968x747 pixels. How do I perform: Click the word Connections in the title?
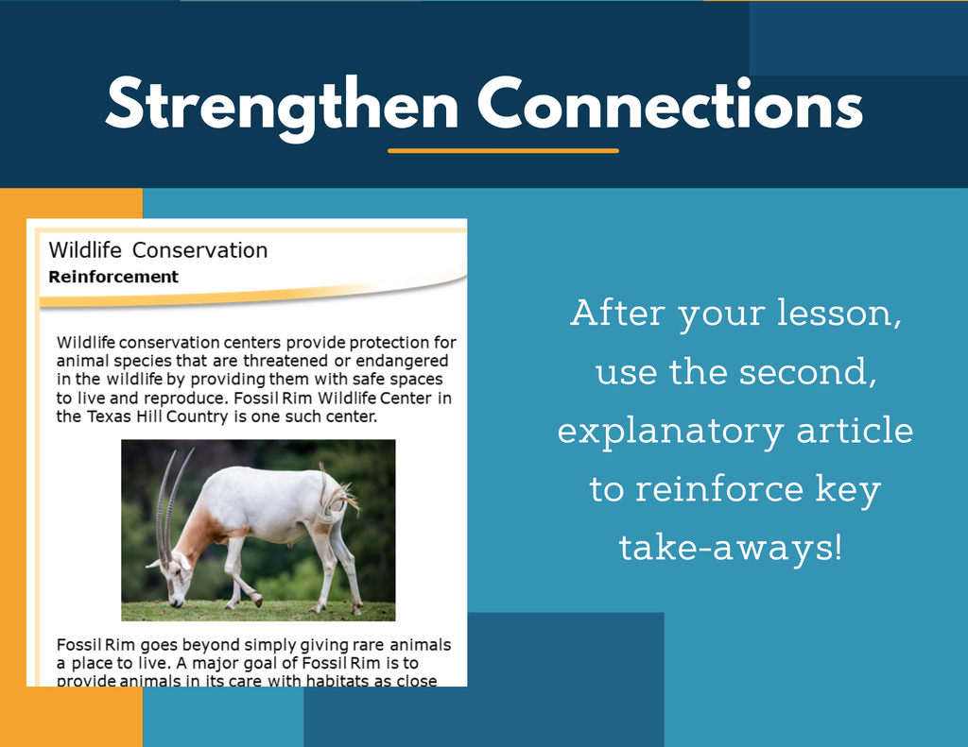tap(670, 104)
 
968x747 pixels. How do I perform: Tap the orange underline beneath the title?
tap(503, 150)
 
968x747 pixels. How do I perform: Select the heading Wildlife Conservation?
tap(158, 250)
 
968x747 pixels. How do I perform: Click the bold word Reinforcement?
tap(113, 277)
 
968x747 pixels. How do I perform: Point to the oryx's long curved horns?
tap(172, 506)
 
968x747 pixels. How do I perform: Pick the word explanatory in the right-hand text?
tap(671, 432)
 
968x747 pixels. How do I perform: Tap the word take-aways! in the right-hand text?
tap(731, 548)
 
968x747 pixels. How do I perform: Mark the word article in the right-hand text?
tap(855, 430)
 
